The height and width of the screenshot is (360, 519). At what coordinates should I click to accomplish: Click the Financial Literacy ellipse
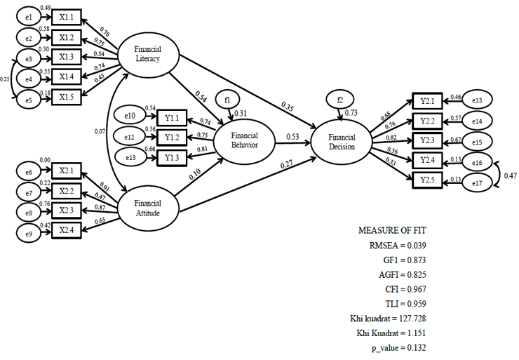148,54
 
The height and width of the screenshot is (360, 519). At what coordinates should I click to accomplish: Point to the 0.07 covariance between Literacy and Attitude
99,131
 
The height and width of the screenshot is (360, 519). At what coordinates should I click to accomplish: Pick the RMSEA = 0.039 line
398,245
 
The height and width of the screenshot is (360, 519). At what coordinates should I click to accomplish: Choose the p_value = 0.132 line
398,348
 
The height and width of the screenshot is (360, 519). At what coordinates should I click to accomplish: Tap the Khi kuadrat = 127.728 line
391,319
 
